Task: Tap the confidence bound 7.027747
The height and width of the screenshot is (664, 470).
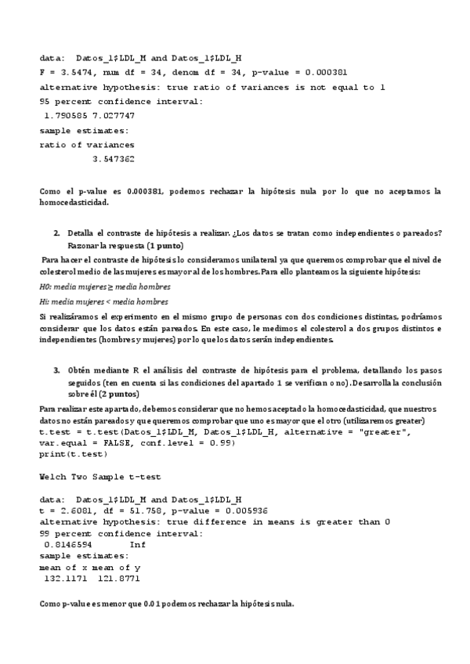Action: click(x=124, y=116)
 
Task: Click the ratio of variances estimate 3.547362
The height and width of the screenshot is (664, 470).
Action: click(x=113, y=159)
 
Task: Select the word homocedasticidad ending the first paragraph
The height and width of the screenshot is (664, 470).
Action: click(x=74, y=203)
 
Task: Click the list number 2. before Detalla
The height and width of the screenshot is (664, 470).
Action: click(x=56, y=233)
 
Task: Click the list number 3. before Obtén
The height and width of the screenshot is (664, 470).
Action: click(x=56, y=369)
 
